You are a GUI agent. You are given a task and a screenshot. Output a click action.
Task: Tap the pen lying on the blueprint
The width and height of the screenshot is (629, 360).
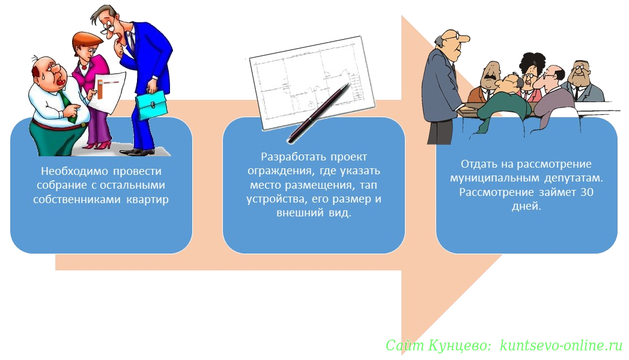318,113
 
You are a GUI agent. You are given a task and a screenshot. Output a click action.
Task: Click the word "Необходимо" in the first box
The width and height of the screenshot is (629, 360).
74,171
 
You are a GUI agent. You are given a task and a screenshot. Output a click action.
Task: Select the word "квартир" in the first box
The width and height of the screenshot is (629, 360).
148,200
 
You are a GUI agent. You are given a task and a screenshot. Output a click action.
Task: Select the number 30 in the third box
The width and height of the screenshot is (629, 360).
587,192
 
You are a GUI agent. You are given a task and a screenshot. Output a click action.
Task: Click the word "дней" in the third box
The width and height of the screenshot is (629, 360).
526,206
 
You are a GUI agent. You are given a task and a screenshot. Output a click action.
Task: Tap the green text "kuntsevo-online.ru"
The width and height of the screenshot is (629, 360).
561,345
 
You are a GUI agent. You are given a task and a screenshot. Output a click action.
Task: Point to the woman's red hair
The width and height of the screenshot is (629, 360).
87,40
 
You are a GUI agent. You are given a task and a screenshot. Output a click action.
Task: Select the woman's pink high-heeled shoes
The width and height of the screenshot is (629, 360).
99,145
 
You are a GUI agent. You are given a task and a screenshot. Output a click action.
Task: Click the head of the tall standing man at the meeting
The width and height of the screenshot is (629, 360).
452,41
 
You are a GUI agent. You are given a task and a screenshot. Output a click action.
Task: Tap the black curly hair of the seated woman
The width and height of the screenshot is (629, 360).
533,62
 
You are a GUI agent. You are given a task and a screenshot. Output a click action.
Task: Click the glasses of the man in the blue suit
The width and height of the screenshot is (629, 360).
108,31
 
